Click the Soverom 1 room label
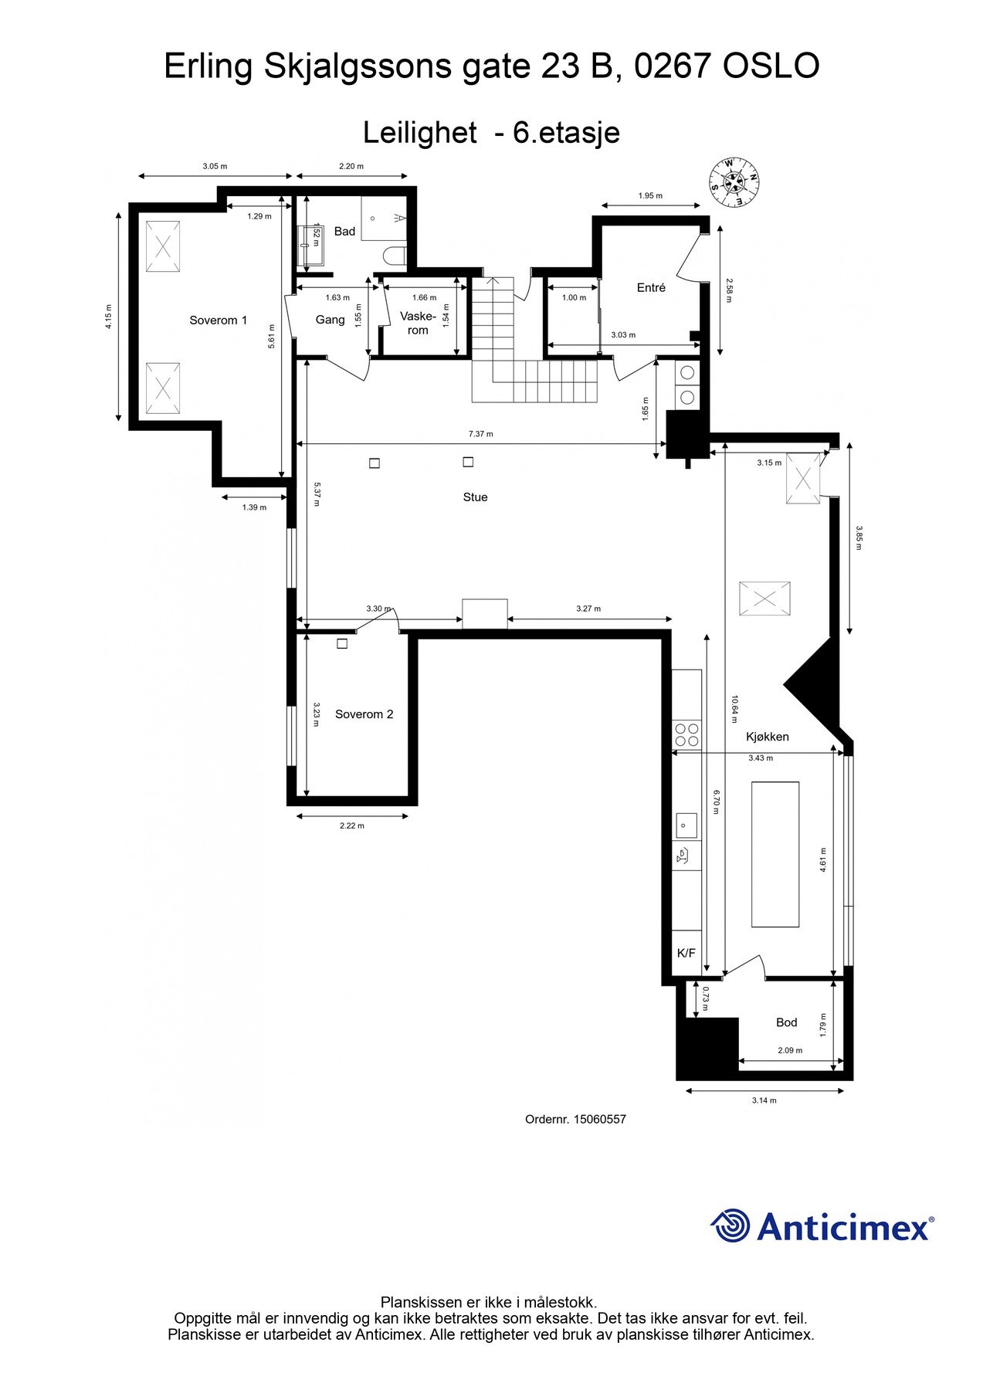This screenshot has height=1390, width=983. coord(219,320)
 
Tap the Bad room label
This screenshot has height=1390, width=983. coord(344,232)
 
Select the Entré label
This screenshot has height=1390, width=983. coord(651,287)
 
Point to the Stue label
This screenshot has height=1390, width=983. coord(475,497)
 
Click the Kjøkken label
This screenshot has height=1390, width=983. coord(767,737)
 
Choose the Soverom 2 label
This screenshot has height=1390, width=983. coord(364,714)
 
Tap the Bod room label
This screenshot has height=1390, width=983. coord(786,1022)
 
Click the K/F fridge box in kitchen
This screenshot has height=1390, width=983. coord(686,953)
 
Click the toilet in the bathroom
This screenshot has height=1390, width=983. coord(395,256)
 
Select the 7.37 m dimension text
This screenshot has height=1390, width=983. coord(480,434)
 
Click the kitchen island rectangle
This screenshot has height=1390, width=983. coord(775,853)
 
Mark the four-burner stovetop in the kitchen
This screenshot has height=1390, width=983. coord(686,734)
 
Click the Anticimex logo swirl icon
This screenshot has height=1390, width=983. coord(730,1226)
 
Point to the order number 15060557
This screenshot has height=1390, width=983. coord(599,1119)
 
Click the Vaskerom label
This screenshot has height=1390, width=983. coord(418,323)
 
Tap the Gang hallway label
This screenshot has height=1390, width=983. coord(330,320)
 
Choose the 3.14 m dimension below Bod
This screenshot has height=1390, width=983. coord(764,1100)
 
